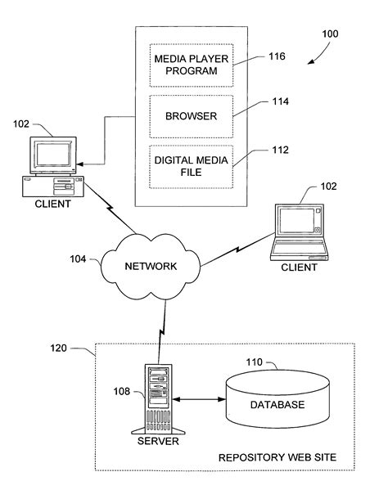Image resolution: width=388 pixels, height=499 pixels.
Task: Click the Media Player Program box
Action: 189,64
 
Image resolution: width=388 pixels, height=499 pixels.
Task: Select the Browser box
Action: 189,116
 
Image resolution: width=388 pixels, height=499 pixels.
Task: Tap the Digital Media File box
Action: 189,166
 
